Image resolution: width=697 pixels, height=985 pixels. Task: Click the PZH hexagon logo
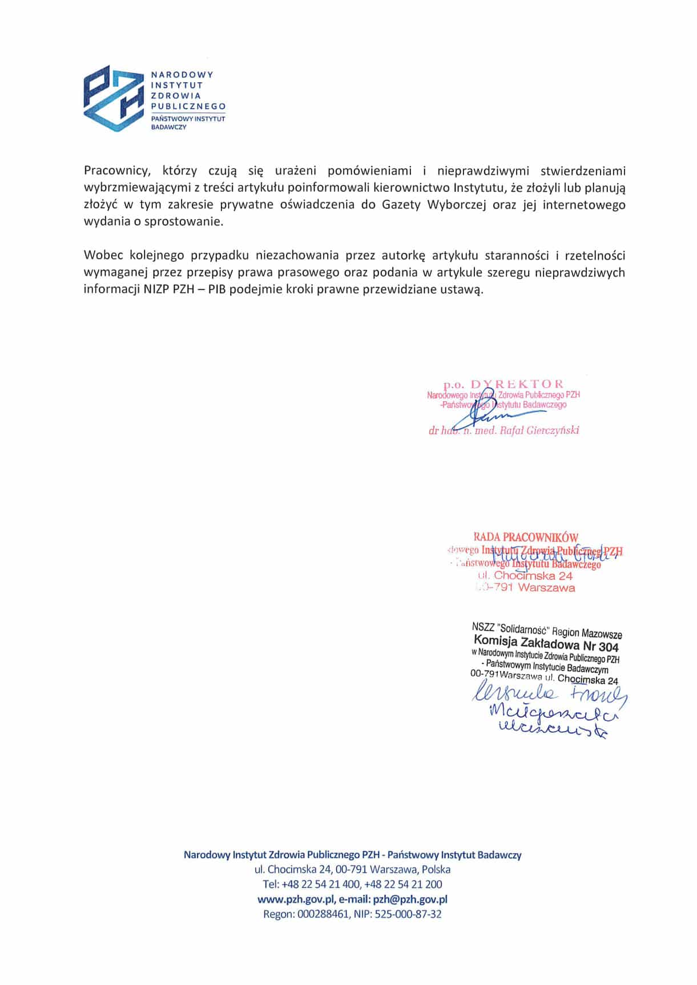pyautogui.click(x=112, y=99)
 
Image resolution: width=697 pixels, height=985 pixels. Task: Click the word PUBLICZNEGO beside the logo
pyautogui.click(x=188, y=106)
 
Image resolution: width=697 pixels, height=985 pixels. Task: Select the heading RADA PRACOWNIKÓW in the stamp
pyautogui.click(x=526, y=537)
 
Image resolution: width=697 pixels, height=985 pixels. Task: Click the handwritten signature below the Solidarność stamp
pyautogui.click(x=548, y=711)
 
